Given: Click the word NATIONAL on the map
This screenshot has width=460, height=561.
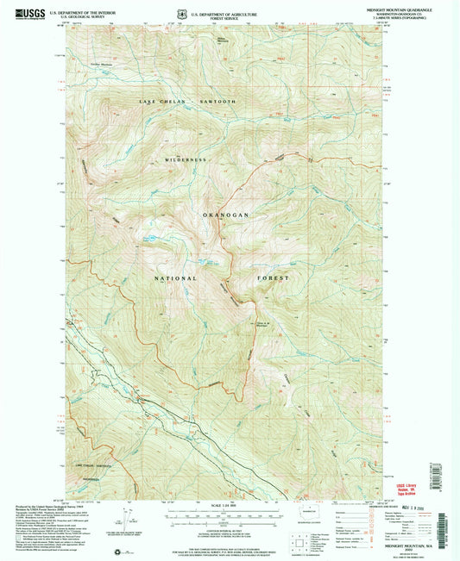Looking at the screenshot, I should pyautogui.click(x=175, y=278).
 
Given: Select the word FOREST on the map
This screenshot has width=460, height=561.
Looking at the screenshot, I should pyautogui.click(x=271, y=278).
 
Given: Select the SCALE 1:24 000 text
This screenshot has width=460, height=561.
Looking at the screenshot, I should pyautogui.click(x=230, y=504).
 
